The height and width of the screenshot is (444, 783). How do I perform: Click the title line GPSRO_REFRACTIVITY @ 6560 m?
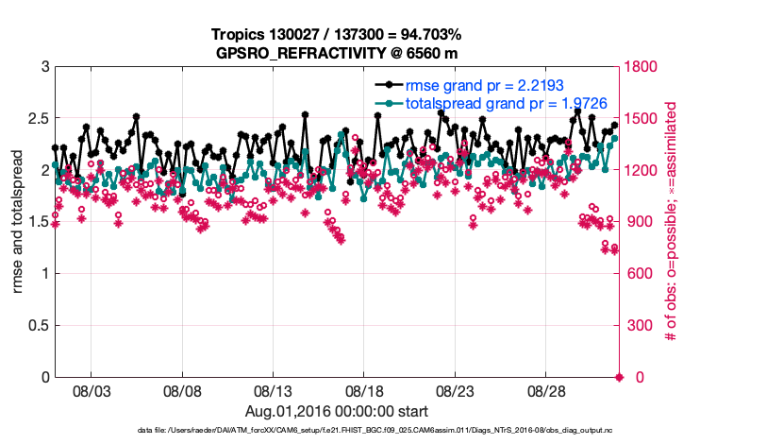[337, 52]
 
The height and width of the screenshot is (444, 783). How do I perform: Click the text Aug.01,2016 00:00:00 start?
[337, 411]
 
